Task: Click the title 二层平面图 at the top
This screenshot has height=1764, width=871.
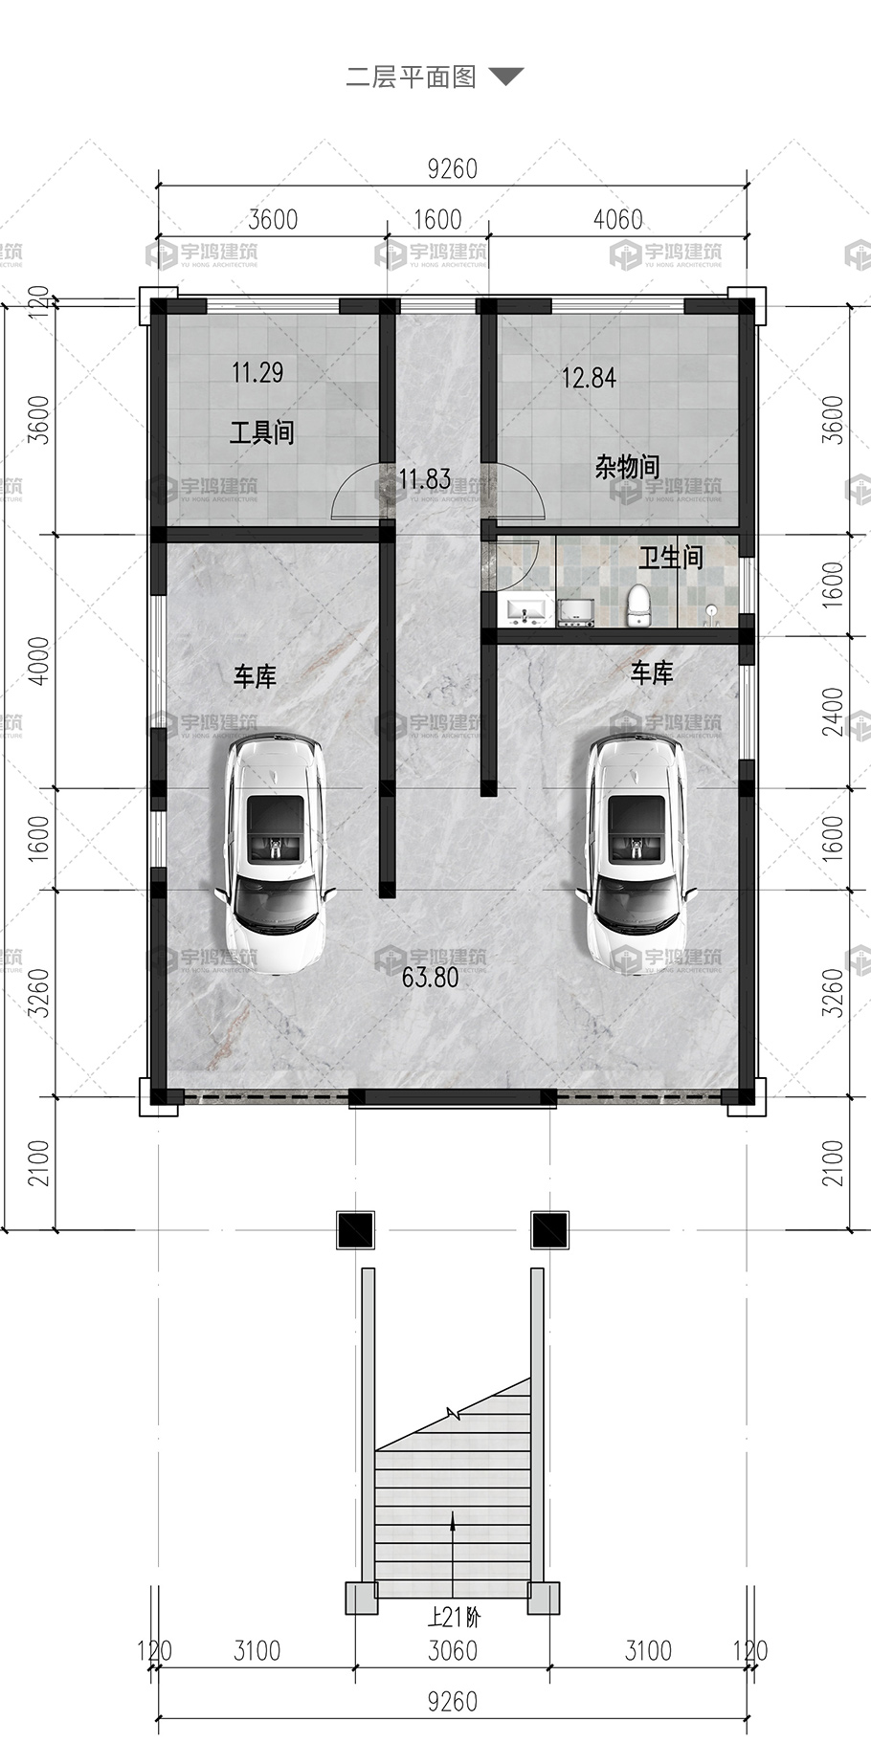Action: tap(411, 77)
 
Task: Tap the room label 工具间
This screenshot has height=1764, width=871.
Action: tap(261, 432)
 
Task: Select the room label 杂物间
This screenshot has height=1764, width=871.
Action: tap(627, 467)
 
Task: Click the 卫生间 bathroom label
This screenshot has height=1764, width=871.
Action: tap(670, 557)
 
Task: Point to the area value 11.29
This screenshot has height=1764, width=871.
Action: tap(257, 372)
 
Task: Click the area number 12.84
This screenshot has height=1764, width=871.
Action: tap(589, 378)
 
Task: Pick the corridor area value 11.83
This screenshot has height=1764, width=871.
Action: tap(424, 478)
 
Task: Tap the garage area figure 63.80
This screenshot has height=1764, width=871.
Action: tap(431, 978)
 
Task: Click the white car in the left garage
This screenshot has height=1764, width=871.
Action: tap(275, 853)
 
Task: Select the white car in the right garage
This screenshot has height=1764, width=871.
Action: tap(636, 853)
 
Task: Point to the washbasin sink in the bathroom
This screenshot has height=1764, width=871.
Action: tap(525, 609)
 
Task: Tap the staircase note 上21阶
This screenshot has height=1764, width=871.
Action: tap(454, 1618)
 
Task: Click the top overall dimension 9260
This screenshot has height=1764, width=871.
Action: tap(452, 168)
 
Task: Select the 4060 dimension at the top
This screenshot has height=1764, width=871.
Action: tap(617, 219)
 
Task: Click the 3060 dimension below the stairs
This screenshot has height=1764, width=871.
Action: tap(452, 1650)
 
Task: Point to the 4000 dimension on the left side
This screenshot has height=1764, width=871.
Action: tap(39, 661)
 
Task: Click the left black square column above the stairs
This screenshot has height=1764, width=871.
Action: tap(355, 1229)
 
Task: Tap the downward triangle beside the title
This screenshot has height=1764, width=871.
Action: tap(506, 77)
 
